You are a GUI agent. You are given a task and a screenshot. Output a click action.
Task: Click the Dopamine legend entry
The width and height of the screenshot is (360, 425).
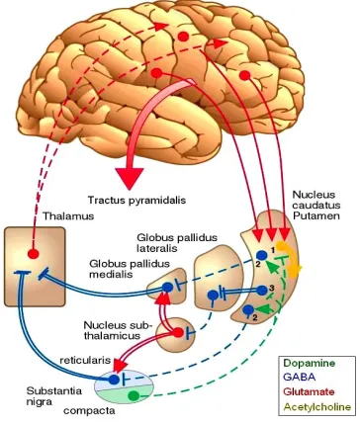(x=310, y=363)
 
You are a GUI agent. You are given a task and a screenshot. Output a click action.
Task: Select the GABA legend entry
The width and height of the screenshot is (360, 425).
(x=300, y=377)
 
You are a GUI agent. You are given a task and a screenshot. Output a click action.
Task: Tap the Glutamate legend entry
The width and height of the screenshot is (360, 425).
(x=309, y=391)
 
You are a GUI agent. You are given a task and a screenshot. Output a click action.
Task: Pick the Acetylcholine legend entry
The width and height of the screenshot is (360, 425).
(x=317, y=407)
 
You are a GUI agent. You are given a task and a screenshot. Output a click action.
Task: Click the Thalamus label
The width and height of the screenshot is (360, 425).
(x=68, y=216)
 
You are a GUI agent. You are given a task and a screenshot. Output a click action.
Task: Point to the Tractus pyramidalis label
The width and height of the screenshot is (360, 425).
(x=136, y=200)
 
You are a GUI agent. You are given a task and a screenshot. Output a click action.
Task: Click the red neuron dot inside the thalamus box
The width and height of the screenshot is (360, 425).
(x=33, y=253)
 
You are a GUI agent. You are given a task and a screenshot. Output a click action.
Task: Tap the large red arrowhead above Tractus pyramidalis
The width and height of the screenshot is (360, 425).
(x=130, y=178)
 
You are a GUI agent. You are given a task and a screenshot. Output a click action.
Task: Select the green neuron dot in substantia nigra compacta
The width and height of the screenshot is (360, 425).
(x=134, y=395)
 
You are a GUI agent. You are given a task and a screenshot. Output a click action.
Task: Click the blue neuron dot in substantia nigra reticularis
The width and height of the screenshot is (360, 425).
(x=114, y=380)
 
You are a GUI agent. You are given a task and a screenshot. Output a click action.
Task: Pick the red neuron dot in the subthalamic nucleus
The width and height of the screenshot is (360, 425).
(x=178, y=332)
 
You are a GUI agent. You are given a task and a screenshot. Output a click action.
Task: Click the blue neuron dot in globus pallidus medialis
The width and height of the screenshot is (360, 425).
(x=167, y=288)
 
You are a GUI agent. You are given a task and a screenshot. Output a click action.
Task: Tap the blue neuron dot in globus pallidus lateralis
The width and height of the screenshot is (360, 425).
(x=213, y=295)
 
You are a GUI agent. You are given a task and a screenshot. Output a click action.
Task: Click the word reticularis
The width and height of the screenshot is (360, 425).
(x=85, y=360)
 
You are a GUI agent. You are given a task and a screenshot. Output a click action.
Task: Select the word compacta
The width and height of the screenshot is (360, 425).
(x=89, y=411)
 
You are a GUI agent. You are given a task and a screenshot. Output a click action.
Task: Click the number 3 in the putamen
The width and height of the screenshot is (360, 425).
(x=271, y=288)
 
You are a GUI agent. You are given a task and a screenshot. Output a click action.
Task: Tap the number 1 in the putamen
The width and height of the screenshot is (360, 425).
(x=273, y=250)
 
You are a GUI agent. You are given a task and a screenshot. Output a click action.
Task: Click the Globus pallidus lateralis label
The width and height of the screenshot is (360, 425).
(x=177, y=242)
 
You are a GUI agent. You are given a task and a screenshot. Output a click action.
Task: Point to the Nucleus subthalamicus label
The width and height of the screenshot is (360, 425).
(x=118, y=330)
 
